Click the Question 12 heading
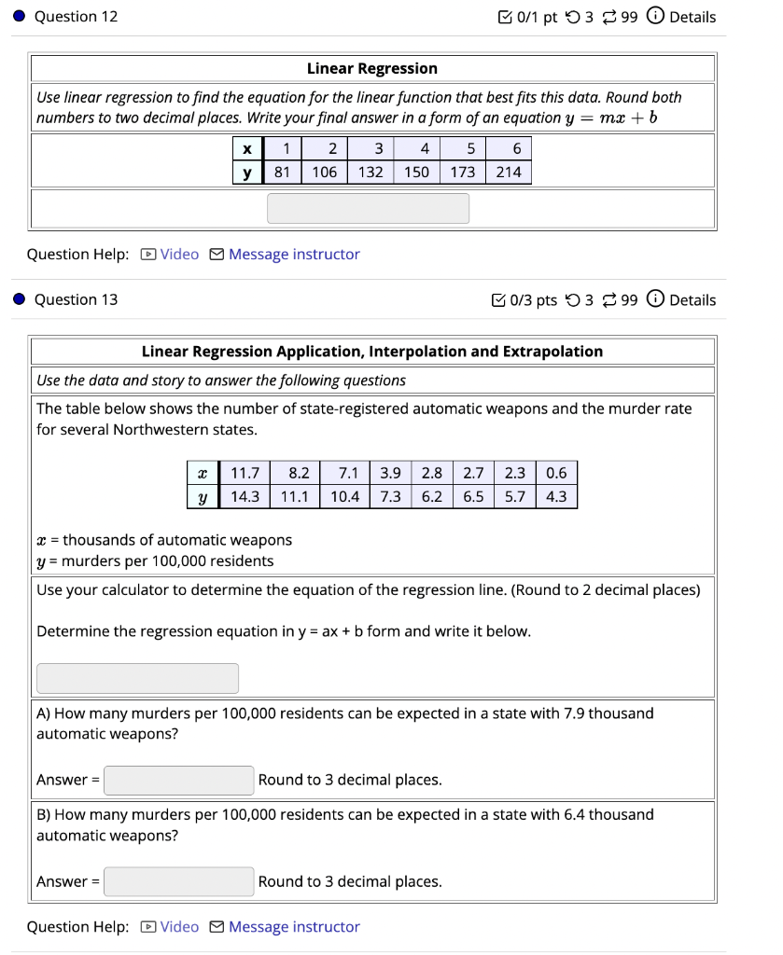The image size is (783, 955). [x=76, y=17]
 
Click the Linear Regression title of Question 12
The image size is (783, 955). [x=371, y=68]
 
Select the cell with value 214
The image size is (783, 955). [x=509, y=173]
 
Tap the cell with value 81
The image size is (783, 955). [x=282, y=173]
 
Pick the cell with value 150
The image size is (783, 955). [x=416, y=173]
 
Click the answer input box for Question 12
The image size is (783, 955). [x=368, y=208]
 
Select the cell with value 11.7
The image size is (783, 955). [x=245, y=473]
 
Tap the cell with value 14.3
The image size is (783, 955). [x=245, y=496]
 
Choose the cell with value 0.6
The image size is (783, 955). [x=556, y=473]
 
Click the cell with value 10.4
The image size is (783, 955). [x=344, y=496]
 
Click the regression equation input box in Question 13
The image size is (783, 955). [x=137, y=678]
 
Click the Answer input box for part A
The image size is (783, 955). [x=178, y=780]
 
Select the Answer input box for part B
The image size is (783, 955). [x=178, y=881]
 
